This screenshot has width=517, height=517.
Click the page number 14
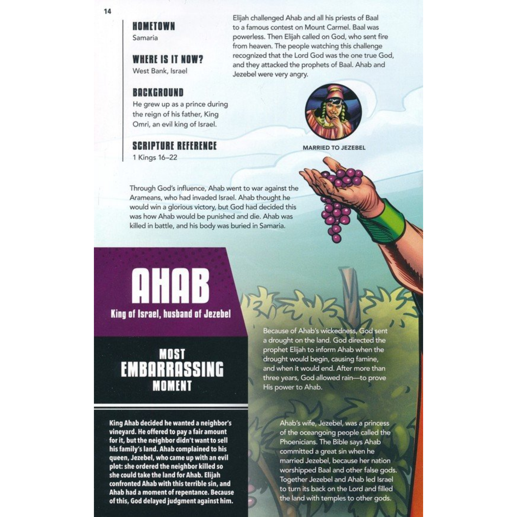tap(107, 12)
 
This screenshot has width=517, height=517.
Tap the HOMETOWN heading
tap(153, 27)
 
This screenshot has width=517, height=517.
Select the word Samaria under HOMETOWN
tap(145, 38)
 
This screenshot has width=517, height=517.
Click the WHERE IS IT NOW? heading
tap(168, 59)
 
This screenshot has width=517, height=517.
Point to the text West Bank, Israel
tap(160, 71)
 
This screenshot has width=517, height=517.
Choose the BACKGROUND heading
tap(158, 93)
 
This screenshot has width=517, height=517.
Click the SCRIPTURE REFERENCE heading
tap(174, 146)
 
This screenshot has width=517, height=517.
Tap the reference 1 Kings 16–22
tap(155, 157)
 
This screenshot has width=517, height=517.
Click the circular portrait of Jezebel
tap(333, 112)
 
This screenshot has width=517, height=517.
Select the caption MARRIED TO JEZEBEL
tap(334, 148)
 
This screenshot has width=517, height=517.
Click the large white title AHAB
tap(170, 285)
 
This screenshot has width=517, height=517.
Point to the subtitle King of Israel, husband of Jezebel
tap(171, 314)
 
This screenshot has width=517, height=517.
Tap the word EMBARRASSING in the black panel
tap(172, 369)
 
